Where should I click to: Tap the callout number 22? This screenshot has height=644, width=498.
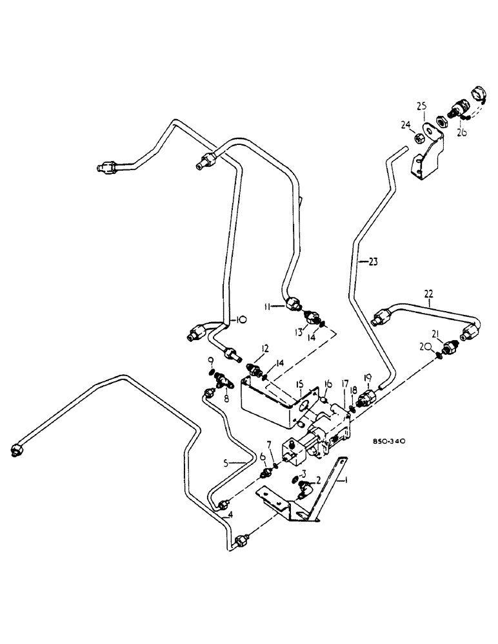pyautogui.click(x=429, y=294)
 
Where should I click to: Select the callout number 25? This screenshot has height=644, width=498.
pyautogui.click(x=422, y=106)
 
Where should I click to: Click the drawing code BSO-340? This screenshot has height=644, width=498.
pyautogui.click(x=388, y=442)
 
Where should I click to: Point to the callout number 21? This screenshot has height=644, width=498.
pyautogui.click(x=436, y=333)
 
